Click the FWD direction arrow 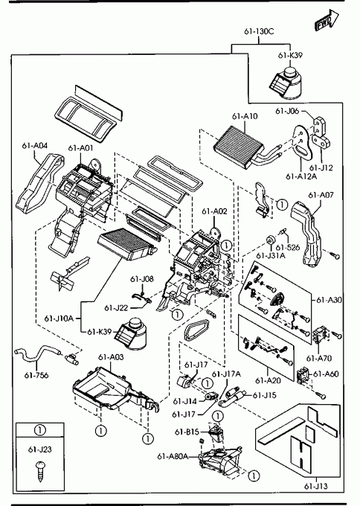point(327,21)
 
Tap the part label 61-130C point(259,31)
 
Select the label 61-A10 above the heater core point(245,116)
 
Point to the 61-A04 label point(35,146)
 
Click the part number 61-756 point(36,375)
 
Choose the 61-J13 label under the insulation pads point(316,486)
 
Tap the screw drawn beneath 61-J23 point(41,472)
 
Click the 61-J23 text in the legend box point(40,449)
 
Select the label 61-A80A point(173,456)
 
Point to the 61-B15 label point(187,432)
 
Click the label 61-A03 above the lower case point(111,357)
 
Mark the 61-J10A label point(59,318)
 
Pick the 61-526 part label point(288,248)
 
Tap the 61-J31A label point(271,255)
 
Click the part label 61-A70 point(319,358)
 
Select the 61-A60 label point(326,374)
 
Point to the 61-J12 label point(321,168)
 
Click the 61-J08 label point(142,279)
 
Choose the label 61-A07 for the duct point(321,195)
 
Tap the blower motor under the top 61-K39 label point(286,83)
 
